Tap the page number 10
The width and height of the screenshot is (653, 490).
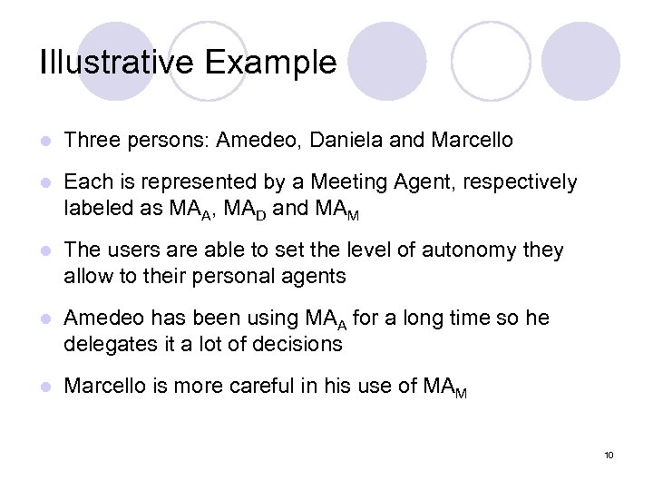click(x=609, y=455)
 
